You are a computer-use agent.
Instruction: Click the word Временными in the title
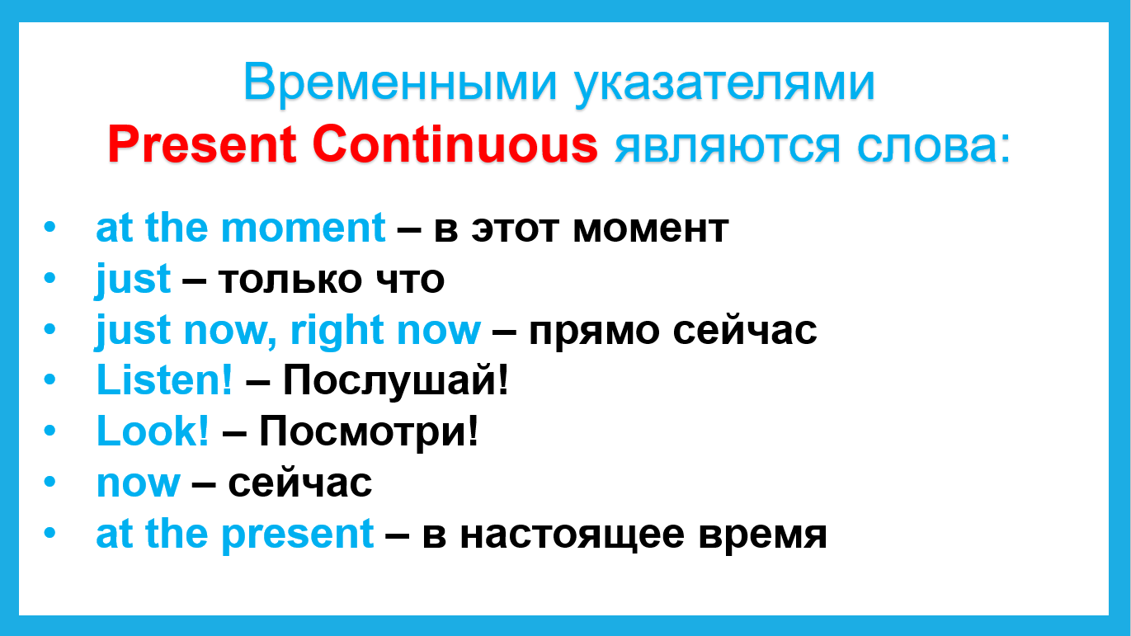tap(400, 82)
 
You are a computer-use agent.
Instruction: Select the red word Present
tap(202, 144)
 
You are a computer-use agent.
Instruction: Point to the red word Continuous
tap(455, 144)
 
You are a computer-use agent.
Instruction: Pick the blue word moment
tap(304, 228)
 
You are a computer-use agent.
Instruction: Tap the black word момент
tap(651, 229)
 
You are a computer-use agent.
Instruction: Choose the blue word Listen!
tap(165, 379)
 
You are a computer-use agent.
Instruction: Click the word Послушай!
tap(396, 382)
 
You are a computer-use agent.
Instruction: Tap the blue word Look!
tap(153, 431)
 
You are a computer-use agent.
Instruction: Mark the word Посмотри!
tap(369, 432)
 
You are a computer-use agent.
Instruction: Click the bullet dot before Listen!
tap(49, 379)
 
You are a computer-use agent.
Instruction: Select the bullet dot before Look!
tap(49, 430)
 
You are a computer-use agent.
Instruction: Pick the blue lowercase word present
tap(297, 536)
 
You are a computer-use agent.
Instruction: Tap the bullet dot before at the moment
tap(49, 227)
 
